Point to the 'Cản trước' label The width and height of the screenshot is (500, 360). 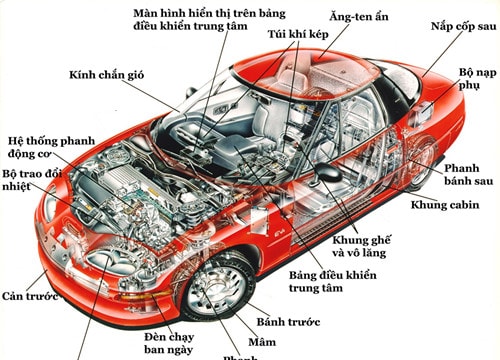coord(26,297)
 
